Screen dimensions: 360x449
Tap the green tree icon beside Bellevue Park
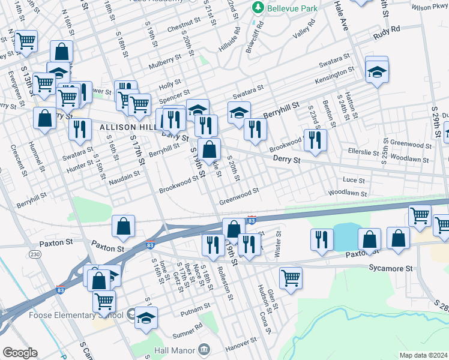click(x=258, y=7)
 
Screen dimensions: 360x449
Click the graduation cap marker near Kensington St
click(x=376, y=72)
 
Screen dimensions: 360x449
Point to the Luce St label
click(x=353, y=180)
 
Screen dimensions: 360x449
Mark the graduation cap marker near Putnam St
click(x=145, y=319)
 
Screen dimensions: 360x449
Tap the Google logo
click(x=20, y=353)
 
